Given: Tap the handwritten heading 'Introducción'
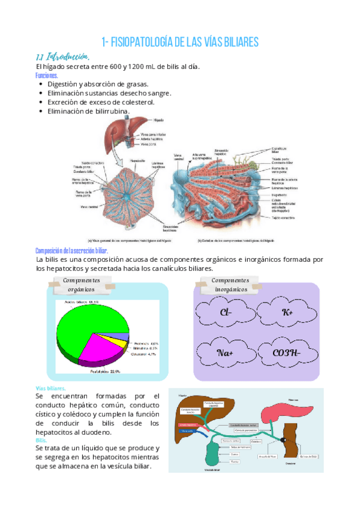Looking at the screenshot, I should pos(67,57).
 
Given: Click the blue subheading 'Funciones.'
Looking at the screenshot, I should pos(47,76).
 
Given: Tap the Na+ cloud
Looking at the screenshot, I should pos(226,352).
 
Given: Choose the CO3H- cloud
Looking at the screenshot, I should pos(287,352).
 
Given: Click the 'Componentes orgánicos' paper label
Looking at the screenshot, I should pos(81,285).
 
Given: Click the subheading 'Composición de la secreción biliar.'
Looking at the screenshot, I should pos(71,250).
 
